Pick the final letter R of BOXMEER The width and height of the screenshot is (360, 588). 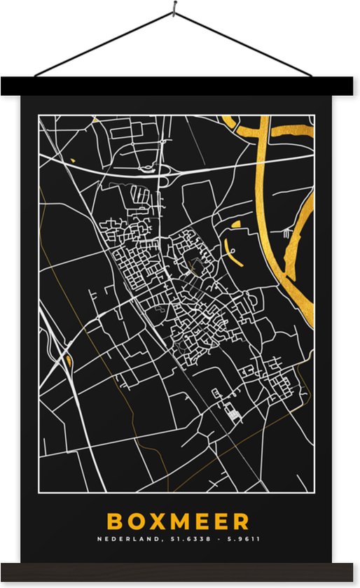click(x=241, y=521)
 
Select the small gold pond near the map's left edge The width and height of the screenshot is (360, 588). click(x=69, y=361)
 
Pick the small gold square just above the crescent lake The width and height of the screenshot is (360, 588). click(x=235, y=225)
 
